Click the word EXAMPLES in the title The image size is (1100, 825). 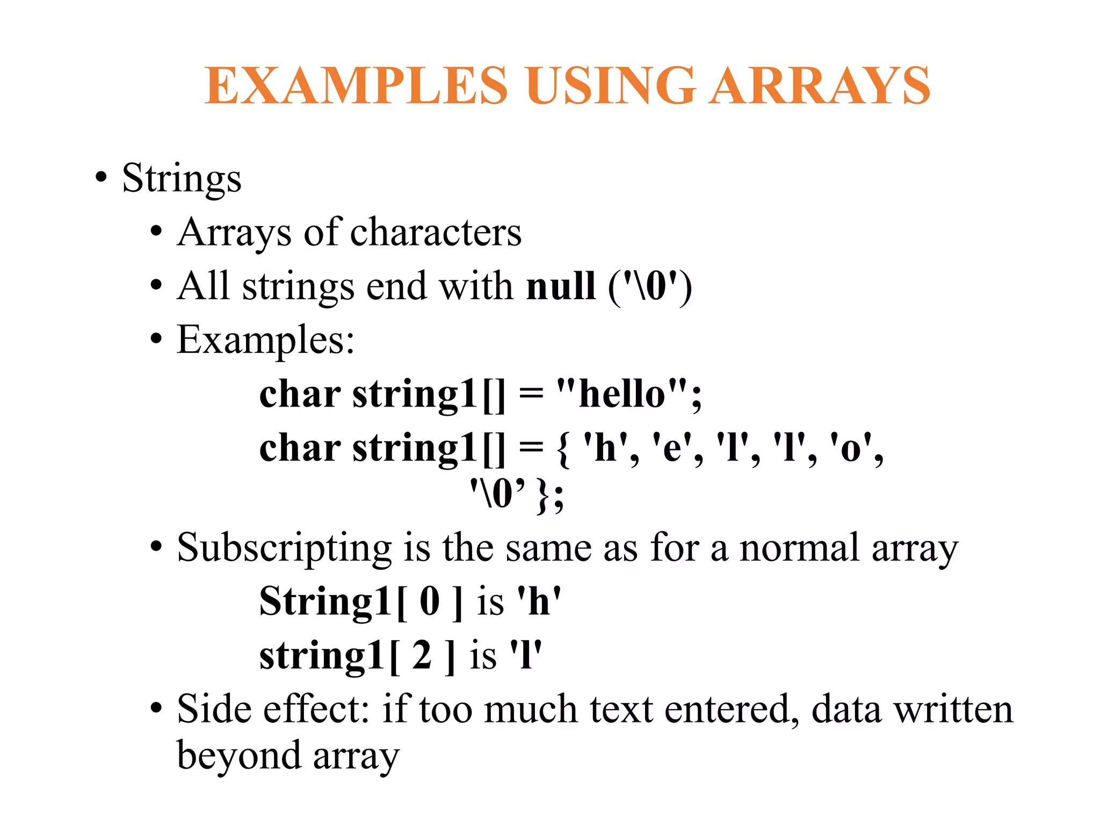click(x=356, y=85)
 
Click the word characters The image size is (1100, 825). click(x=436, y=233)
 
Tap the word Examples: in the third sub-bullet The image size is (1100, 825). click(x=266, y=340)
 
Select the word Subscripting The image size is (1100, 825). click(x=285, y=548)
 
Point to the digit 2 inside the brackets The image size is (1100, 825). click(x=422, y=655)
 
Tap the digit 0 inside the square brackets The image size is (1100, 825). click(x=430, y=601)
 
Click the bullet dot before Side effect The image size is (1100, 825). click(x=156, y=709)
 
